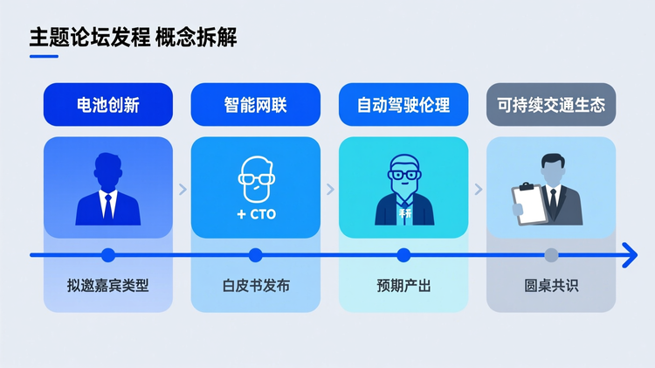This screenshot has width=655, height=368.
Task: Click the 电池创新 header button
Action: coord(107,106)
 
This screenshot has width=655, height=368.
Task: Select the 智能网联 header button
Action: coord(255,106)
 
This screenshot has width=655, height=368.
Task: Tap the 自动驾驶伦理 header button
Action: coord(403,106)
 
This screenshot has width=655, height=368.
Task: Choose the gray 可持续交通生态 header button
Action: coord(551,106)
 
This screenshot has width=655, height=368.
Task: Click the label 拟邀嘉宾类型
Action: coord(107,285)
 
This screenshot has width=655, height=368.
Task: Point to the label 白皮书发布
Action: coord(255,285)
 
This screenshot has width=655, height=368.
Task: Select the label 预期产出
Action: coord(403,285)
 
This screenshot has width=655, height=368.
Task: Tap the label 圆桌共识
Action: coord(551,285)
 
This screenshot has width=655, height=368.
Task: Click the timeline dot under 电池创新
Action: coord(107,255)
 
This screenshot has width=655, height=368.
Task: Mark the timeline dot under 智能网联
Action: coord(255,255)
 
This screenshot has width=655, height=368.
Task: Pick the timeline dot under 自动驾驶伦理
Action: coord(403,255)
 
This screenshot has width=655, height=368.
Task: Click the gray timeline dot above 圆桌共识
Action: coord(551,255)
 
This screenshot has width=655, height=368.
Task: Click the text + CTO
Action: coord(256,214)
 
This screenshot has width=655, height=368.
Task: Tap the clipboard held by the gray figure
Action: coord(527,202)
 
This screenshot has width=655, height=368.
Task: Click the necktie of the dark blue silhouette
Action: coord(107,205)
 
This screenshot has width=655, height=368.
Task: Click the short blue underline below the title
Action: coord(44,57)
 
